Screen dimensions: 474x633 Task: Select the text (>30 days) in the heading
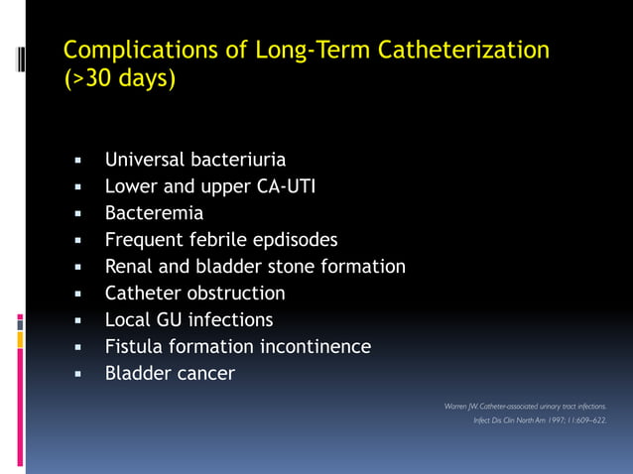(x=119, y=78)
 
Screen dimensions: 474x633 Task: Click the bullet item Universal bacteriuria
(x=195, y=159)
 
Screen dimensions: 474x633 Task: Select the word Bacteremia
(x=154, y=212)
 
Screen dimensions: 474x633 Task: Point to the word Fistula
(x=137, y=346)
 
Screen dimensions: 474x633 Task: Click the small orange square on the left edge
(x=20, y=339)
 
